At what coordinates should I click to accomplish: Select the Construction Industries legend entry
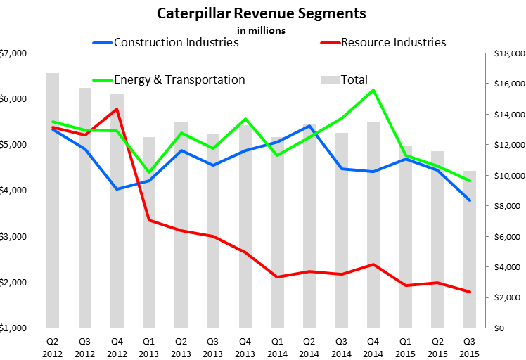(x=176, y=42)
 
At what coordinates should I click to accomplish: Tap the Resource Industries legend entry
(x=393, y=42)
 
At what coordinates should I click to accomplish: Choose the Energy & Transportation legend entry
(x=179, y=79)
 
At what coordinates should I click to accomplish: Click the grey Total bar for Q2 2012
(x=53, y=204)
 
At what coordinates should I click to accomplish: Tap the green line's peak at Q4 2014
(x=373, y=90)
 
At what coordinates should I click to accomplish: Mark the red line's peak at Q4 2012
(x=117, y=109)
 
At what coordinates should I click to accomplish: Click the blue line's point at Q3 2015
(x=469, y=200)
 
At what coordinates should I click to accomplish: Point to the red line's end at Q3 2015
(x=469, y=292)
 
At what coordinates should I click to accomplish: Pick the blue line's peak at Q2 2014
(x=309, y=126)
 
